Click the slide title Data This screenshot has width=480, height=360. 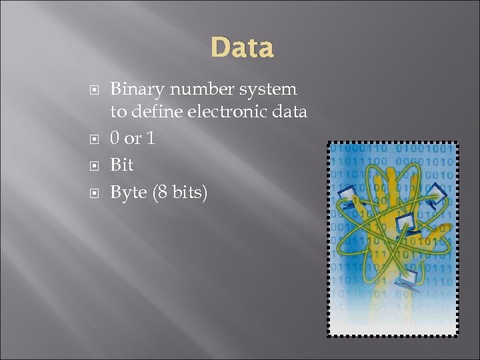tap(241, 48)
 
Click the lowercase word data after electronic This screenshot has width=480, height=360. tap(290, 112)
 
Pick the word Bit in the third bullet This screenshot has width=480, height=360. tap(121, 164)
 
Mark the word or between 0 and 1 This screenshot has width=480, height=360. tap(134, 139)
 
